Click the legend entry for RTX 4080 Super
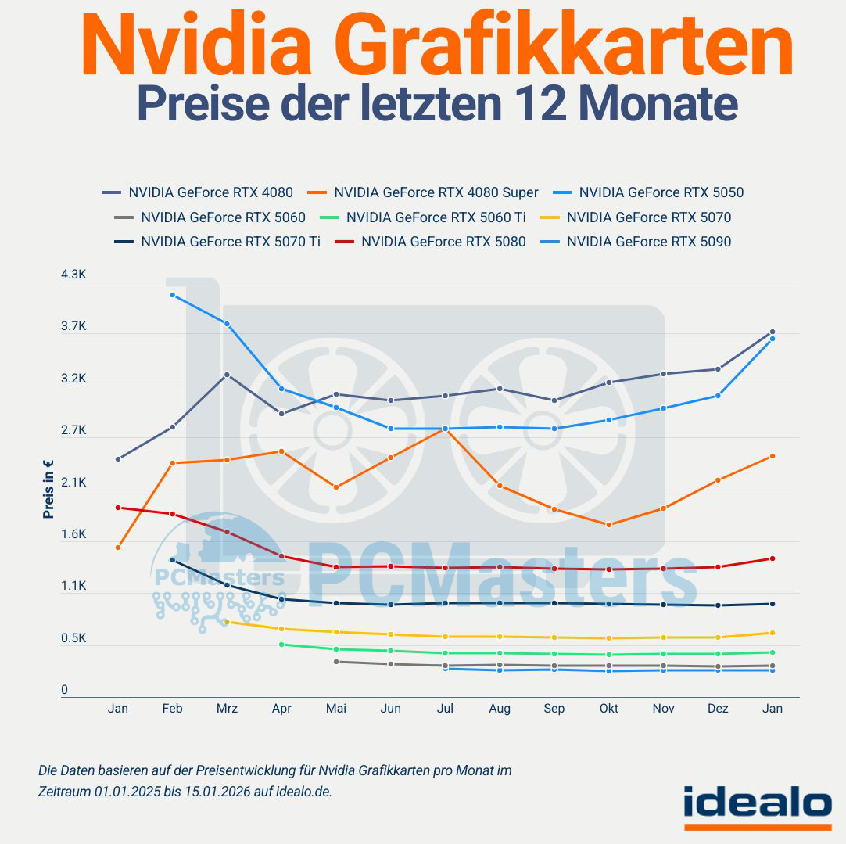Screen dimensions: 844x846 436,192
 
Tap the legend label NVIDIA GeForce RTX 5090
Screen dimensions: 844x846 648,242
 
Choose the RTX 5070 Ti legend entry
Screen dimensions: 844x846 230,242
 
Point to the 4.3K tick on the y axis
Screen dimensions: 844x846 73,275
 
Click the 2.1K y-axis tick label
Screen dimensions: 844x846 73,483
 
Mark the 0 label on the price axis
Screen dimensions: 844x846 65,691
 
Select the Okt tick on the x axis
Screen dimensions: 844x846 608,709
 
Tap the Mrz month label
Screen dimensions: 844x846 227,709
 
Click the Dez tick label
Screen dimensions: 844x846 718,709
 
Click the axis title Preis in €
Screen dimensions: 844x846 48,489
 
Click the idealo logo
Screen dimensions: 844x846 758,803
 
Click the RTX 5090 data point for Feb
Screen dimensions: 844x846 172,295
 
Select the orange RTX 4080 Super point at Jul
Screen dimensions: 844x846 445,429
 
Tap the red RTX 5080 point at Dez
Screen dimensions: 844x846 718,567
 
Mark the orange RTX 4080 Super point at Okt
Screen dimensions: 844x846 608,525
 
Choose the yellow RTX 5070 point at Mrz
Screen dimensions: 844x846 227,622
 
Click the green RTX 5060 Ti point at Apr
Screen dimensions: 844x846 281,645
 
